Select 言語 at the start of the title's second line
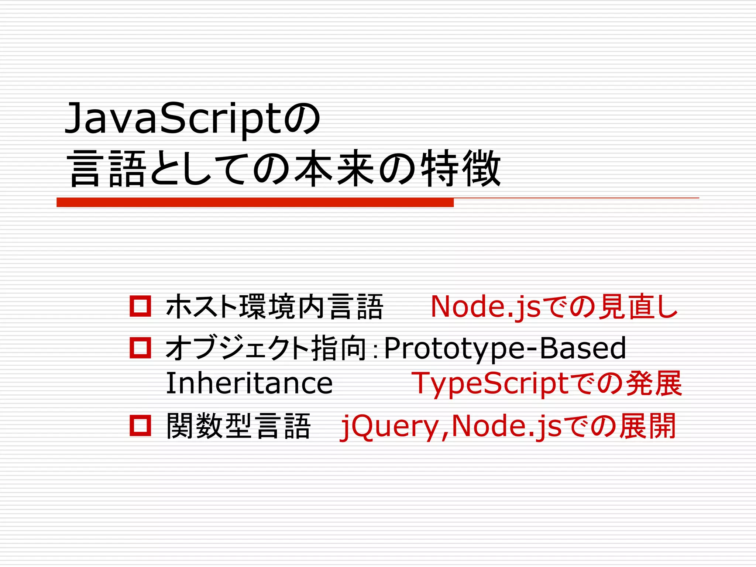(107, 168)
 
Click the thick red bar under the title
(255, 202)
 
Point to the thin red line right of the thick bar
(576, 198)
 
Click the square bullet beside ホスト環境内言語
(140, 306)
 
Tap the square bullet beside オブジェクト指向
(140, 348)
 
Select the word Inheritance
(249, 384)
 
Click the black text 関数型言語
(238, 426)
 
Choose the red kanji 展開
(647, 426)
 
